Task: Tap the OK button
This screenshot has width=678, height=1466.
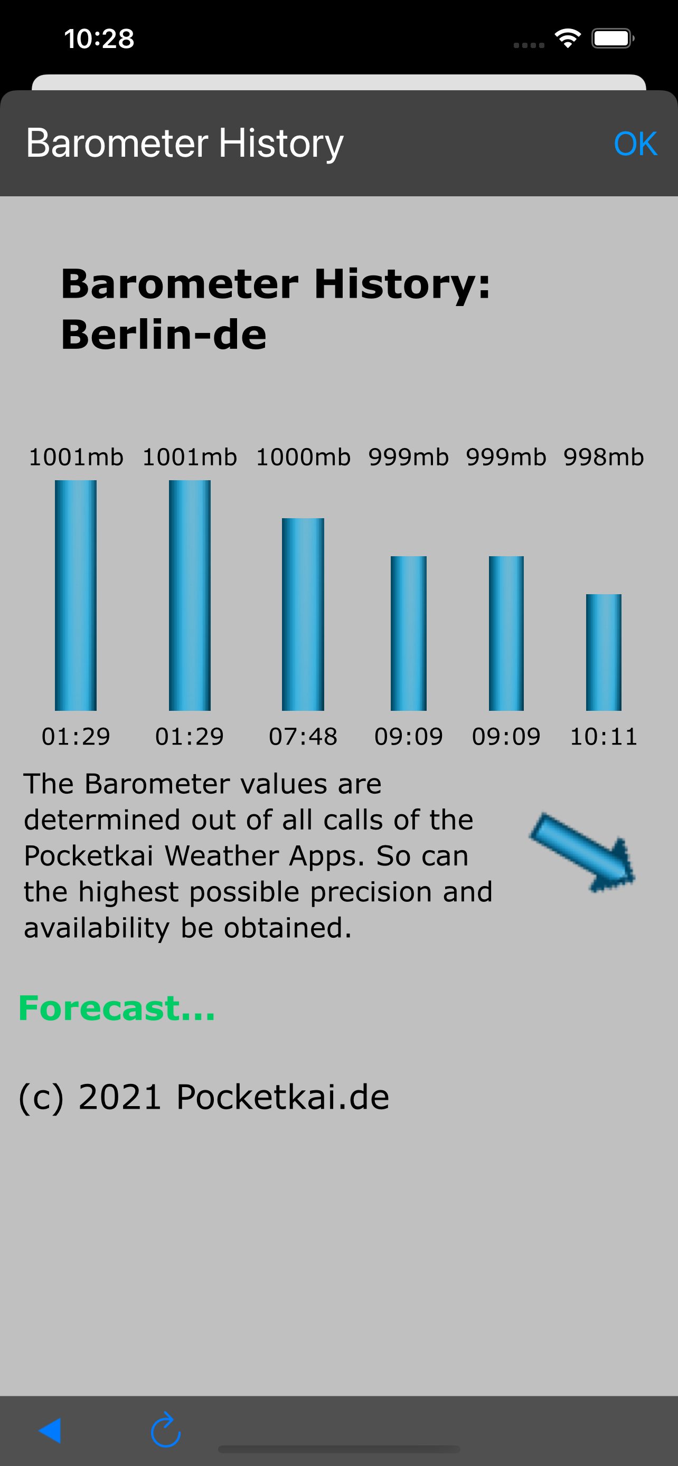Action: click(635, 144)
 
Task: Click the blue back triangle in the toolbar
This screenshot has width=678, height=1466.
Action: click(50, 1430)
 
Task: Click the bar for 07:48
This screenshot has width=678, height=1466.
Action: click(303, 614)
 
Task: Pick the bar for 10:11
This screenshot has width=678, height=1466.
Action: click(604, 652)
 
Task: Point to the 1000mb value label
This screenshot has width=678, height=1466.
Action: click(303, 457)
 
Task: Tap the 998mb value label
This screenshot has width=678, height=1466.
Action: click(604, 457)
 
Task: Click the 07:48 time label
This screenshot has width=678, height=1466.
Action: click(303, 736)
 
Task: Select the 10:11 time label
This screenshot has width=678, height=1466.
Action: click(604, 736)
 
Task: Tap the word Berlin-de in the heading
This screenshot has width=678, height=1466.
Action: click(164, 334)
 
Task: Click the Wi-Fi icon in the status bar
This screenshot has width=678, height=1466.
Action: click(568, 38)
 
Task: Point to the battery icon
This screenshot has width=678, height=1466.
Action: click(613, 38)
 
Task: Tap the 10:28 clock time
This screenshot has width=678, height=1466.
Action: click(99, 39)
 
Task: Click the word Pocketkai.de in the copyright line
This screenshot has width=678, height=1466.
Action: click(283, 1097)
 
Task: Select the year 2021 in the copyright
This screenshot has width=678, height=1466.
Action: click(120, 1097)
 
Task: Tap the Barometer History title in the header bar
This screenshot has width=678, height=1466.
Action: click(184, 144)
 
